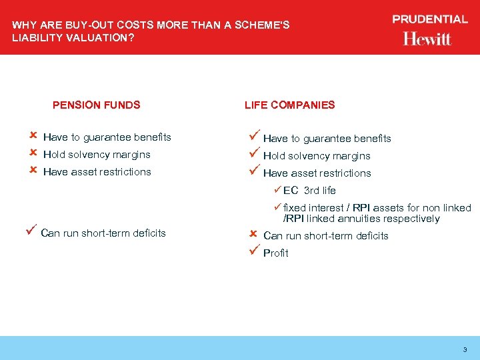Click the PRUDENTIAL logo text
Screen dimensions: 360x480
pos(430,19)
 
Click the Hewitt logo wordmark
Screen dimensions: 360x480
pos(427,39)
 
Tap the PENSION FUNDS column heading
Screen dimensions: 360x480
pos(96,105)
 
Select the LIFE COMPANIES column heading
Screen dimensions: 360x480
pos(289,105)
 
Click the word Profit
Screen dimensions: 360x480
pos(276,253)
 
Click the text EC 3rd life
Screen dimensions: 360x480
pos(309,191)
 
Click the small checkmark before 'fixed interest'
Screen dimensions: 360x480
pos(278,207)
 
